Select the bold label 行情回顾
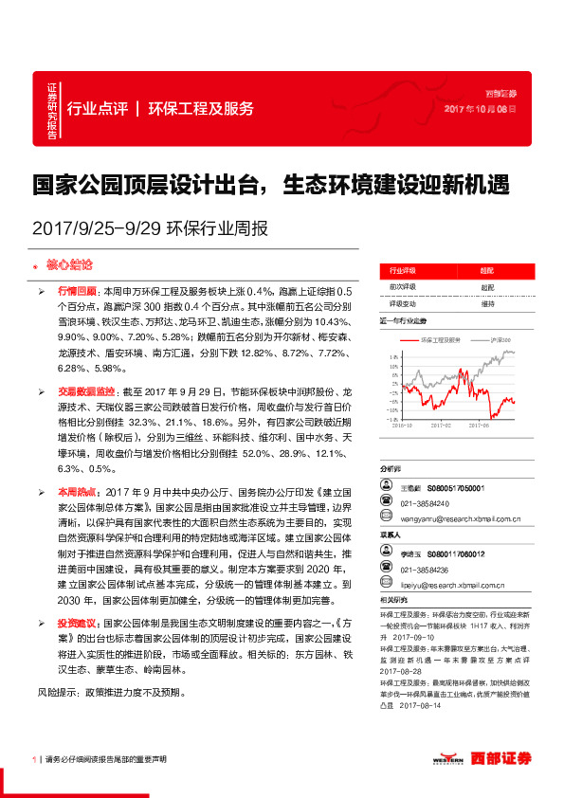[x=77, y=292]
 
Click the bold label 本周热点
[x=77, y=492]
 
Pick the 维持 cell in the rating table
[x=487, y=304]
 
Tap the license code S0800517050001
[x=456, y=487]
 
